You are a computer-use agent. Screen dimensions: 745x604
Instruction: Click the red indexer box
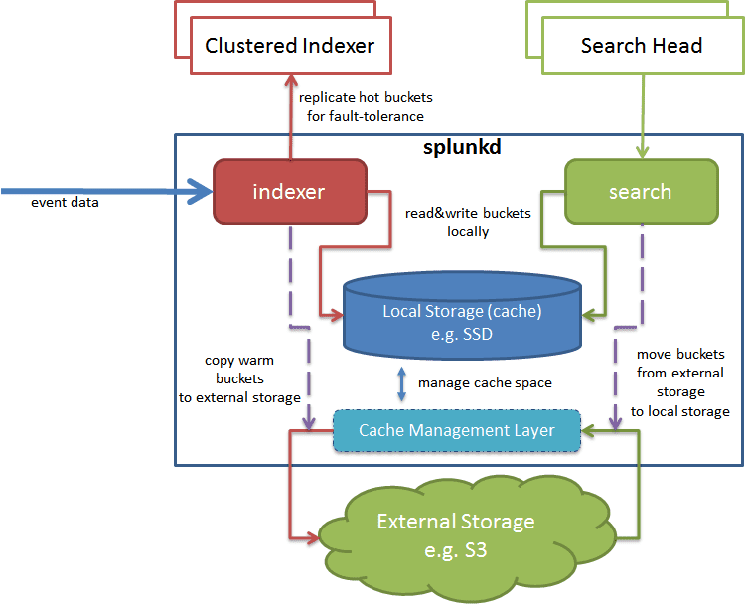tap(290, 192)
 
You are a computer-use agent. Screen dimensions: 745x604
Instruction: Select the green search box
tap(642, 192)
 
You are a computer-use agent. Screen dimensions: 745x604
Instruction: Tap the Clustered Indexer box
tap(291, 45)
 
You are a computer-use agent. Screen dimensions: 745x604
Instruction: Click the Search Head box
tap(643, 45)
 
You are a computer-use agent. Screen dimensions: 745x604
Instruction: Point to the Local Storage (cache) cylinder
tap(462, 316)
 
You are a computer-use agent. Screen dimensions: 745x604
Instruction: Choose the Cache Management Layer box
tap(457, 430)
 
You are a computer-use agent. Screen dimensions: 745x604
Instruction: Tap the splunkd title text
tap(462, 147)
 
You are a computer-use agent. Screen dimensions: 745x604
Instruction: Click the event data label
tap(66, 203)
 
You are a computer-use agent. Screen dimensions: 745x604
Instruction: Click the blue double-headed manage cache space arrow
tap(402, 384)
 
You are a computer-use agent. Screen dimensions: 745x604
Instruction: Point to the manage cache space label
tap(485, 383)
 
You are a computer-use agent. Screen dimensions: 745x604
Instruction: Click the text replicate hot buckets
tap(366, 98)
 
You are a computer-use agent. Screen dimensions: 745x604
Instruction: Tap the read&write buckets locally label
tap(468, 222)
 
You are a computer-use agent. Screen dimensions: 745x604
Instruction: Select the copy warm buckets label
tap(239, 378)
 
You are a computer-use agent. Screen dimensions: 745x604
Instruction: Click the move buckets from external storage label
tap(680, 382)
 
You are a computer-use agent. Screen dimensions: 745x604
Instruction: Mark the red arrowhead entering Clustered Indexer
tap(291, 80)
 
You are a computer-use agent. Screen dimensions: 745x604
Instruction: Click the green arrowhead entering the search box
tap(643, 152)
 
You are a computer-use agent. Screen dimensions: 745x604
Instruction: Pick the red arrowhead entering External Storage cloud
tap(313, 538)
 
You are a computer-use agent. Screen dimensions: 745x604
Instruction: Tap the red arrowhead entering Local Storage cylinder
tap(337, 315)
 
